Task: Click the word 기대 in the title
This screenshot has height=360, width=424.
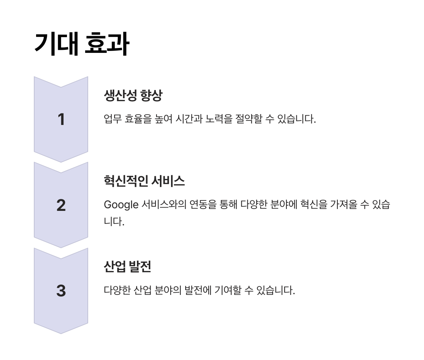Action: [x=56, y=44]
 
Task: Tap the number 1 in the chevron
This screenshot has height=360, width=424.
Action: [x=61, y=119]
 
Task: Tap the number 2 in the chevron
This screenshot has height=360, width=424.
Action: [x=61, y=205]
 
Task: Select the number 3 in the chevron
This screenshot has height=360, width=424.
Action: [x=61, y=291]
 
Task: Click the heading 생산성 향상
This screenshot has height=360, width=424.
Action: [x=133, y=96]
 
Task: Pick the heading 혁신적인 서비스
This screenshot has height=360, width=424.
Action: [x=144, y=181]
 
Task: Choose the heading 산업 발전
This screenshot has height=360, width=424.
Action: [x=127, y=267]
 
